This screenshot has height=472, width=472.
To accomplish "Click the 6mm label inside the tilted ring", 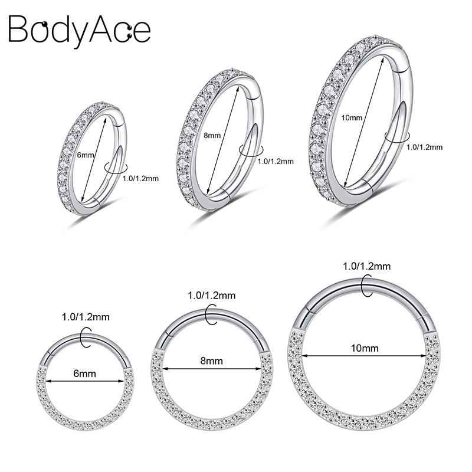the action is point(86,155).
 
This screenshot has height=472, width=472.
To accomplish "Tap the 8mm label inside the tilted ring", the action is point(212,136).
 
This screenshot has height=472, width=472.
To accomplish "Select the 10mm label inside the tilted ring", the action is point(352,117).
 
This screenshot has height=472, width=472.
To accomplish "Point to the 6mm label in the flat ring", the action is point(84,373).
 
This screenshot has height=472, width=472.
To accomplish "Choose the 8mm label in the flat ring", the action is point(212,360).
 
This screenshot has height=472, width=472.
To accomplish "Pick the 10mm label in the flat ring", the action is point(365,348).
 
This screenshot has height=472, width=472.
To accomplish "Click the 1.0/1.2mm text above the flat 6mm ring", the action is point(86,317).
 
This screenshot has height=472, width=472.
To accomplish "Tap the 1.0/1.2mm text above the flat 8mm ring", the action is point(212,296).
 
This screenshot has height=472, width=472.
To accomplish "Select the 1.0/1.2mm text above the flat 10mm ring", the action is point(366,266).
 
